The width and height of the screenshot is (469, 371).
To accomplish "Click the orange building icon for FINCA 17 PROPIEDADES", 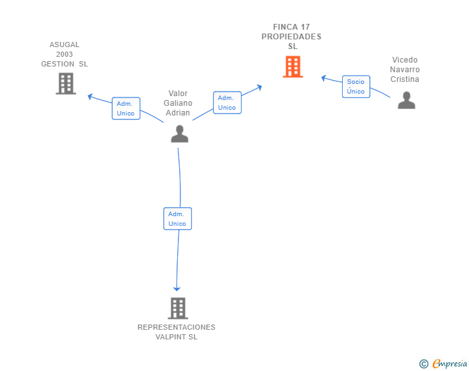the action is pyautogui.click(x=293, y=67).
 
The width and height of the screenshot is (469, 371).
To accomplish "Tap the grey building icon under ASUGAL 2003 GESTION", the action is pyautogui.click(x=66, y=84).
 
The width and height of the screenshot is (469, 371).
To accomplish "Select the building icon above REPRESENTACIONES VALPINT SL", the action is pyautogui.click(x=178, y=308).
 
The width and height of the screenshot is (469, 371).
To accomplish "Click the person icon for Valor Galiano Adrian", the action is pyautogui.click(x=180, y=134).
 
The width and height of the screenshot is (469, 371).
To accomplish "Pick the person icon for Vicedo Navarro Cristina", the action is pyautogui.click(x=407, y=101).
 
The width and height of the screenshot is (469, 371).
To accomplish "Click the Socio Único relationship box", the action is pyautogui.click(x=356, y=86).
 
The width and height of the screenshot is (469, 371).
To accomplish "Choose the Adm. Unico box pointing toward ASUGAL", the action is pyautogui.click(x=126, y=108).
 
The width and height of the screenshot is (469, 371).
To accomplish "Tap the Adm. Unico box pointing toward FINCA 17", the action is pyautogui.click(x=227, y=103).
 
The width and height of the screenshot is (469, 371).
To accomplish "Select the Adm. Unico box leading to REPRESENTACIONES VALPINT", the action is pyautogui.click(x=177, y=219).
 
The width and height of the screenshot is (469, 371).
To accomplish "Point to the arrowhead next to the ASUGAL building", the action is pyautogui.click(x=90, y=97).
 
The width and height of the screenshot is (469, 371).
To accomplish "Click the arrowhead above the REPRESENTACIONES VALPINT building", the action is pyautogui.click(x=177, y=289).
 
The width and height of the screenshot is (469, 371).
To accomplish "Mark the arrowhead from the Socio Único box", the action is pyautogui.click(x=323, y=78).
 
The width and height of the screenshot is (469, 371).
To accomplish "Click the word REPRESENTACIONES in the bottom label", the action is pyautogui.click(x=176, y=327).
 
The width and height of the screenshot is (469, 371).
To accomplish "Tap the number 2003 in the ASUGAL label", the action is pyautogui.click(x=64, y=54).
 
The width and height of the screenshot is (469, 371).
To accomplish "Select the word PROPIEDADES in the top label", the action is pyautogui.click(x=291, y=37).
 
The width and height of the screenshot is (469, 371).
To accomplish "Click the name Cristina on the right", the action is pyautogui.click(x=405, y=79).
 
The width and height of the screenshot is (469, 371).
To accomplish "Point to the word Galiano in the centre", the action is pyautogui.click(x=178, y=103).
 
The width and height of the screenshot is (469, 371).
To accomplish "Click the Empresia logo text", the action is pyautogui.click(x=450, y=363).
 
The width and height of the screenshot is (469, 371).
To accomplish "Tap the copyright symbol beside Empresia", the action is pyautogui.click(x=423, y=364).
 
